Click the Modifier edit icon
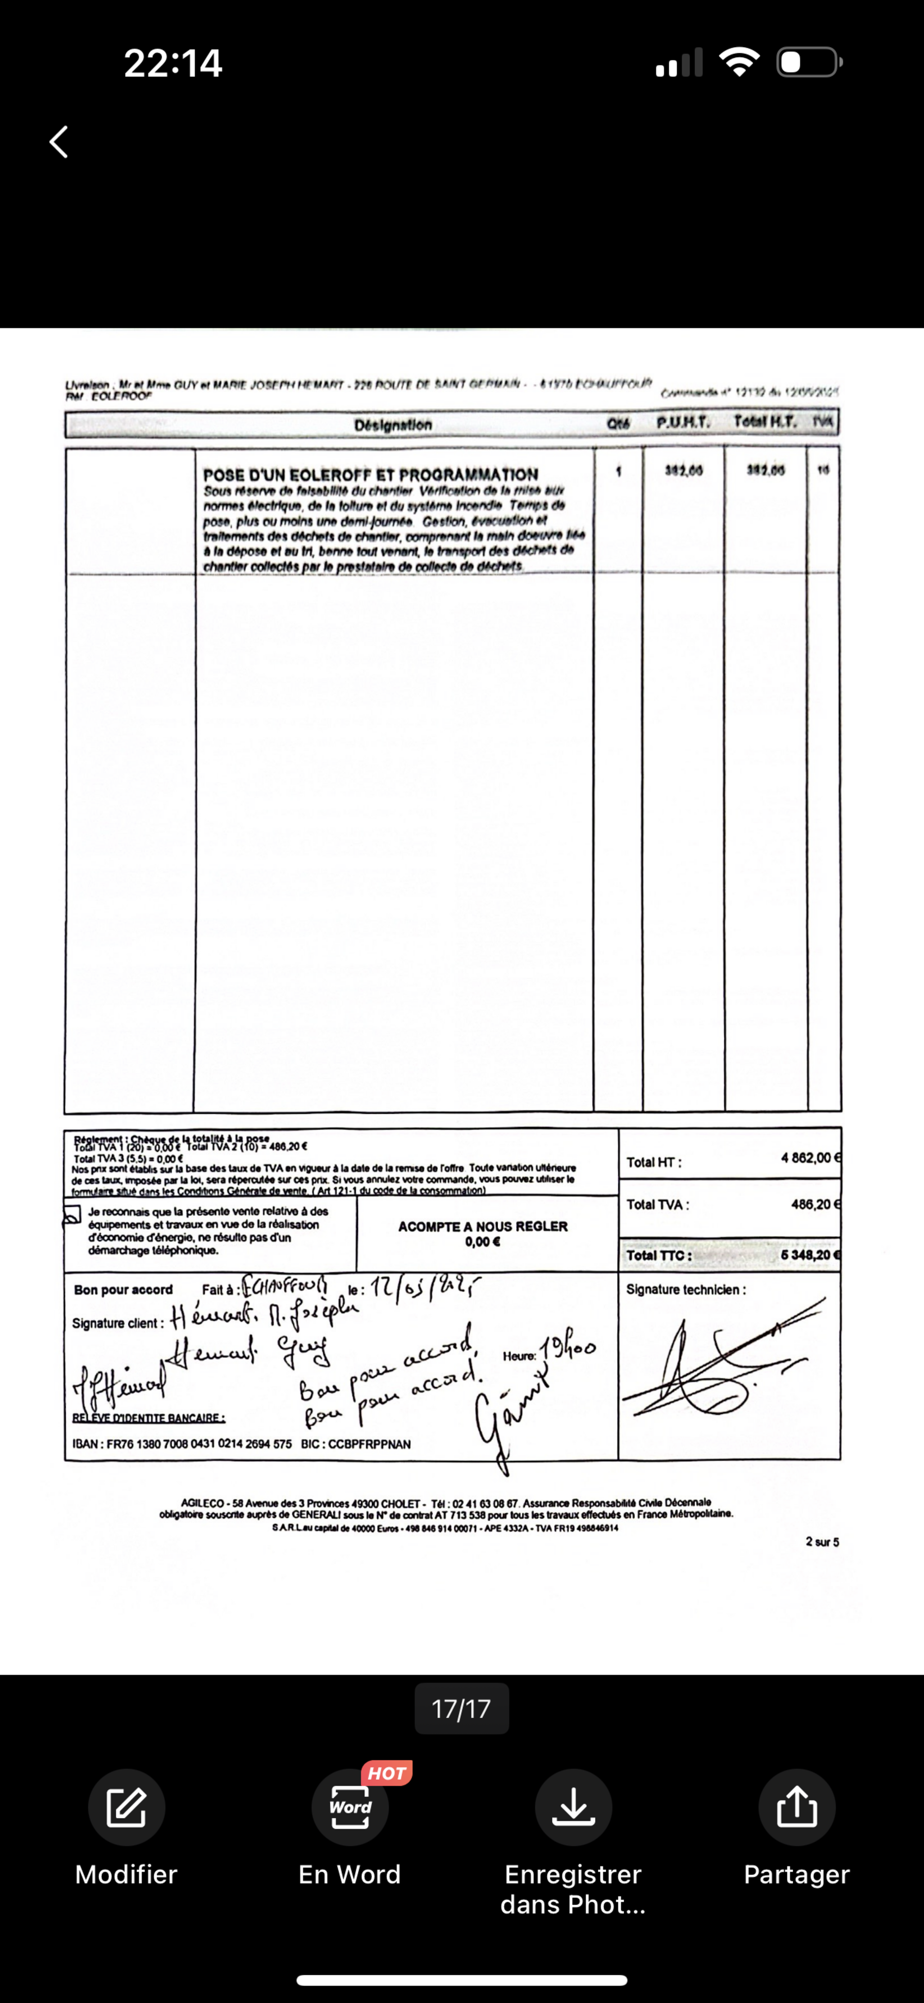point(126,1807)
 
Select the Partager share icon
point(796,1807)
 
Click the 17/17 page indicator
point(461,1708)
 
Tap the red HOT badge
point(387,1773)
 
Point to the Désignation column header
point(393,425)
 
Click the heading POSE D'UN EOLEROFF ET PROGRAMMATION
point(370,475)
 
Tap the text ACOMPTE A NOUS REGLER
point(482,1226)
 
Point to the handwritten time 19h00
point(569,1350)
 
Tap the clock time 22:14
point(173,63)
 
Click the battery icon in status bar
point(809,62)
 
